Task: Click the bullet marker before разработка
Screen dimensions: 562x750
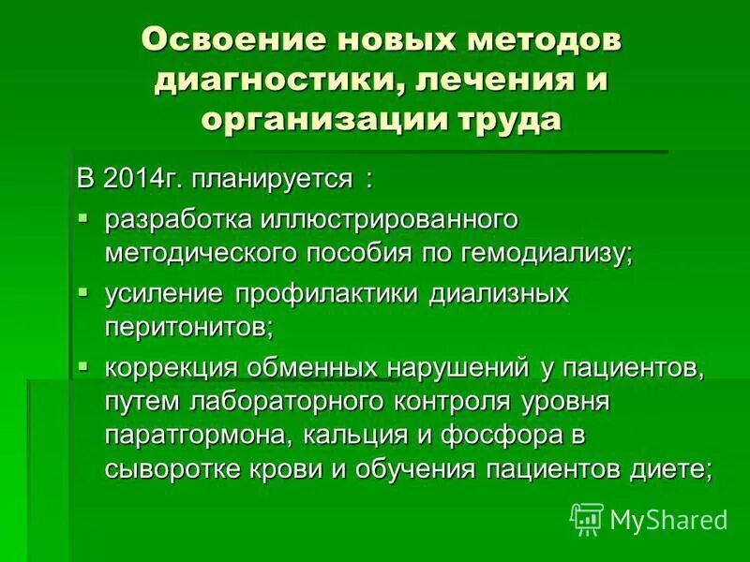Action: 84,217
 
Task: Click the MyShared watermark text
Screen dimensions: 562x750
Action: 667,519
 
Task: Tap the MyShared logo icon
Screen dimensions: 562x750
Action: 587,518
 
